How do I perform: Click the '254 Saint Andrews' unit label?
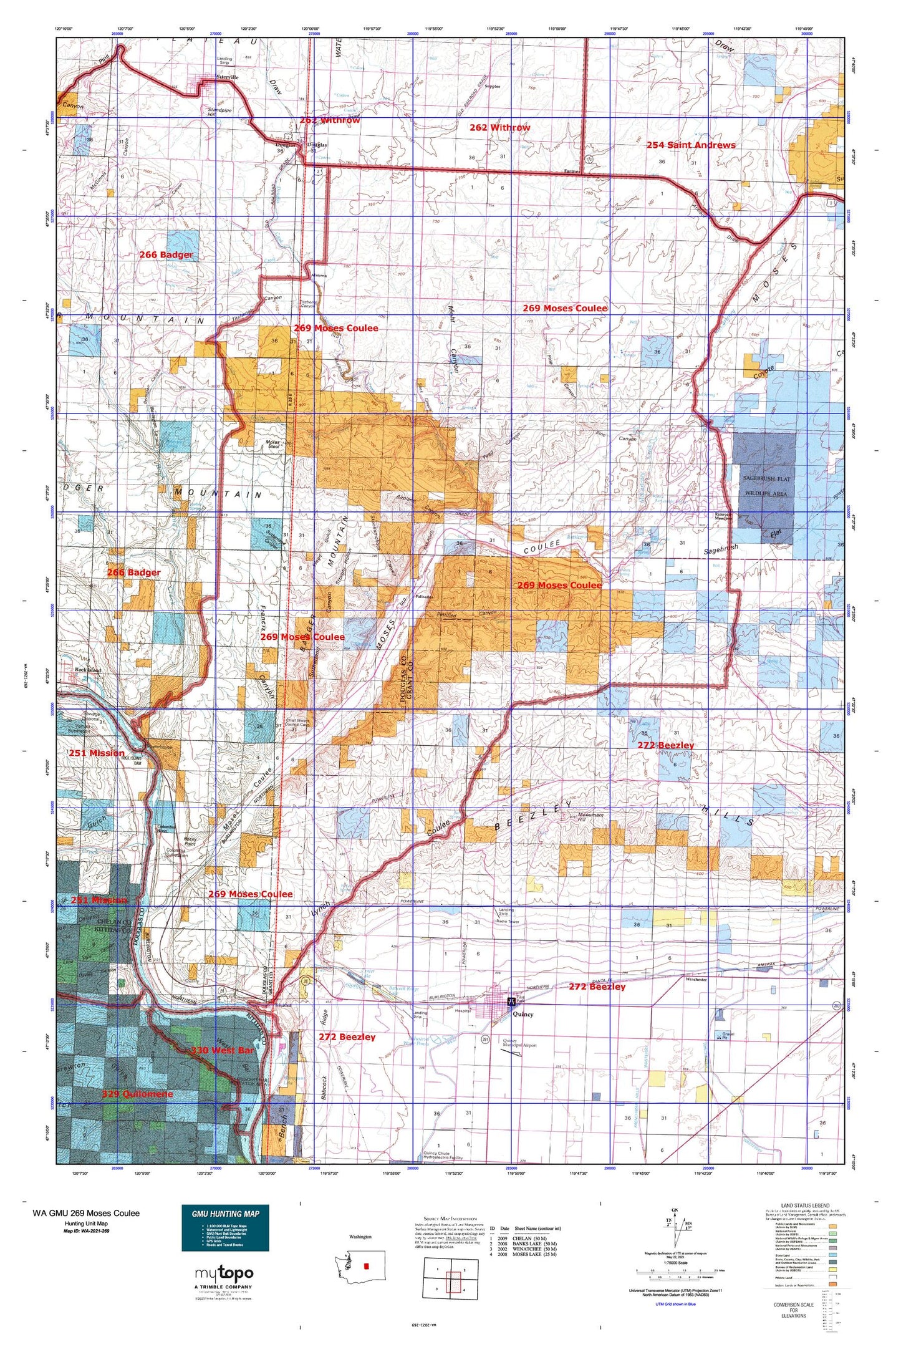[x=690, y=145]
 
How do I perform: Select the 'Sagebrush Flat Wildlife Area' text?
[x=765, y=486]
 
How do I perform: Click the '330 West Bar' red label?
[x=222, y=1050]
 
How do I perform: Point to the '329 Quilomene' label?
[x=137, y=1094]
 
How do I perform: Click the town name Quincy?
[x=523, y=1014]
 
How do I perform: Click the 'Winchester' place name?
[x=696, y=980]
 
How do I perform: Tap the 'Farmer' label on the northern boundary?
[x=572, y=171]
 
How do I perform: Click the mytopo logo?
[x=224, y=1274]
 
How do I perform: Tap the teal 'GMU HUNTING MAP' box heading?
[x=225, y=1214]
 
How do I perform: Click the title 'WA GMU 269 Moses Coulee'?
[x=86, y=1213]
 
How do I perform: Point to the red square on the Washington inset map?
[x=366, y=1265]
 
